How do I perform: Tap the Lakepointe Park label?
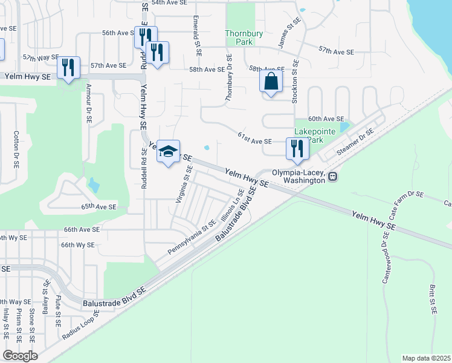312,136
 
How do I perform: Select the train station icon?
333,176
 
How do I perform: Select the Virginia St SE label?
182,185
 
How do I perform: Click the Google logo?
20,356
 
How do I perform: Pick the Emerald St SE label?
197,34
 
